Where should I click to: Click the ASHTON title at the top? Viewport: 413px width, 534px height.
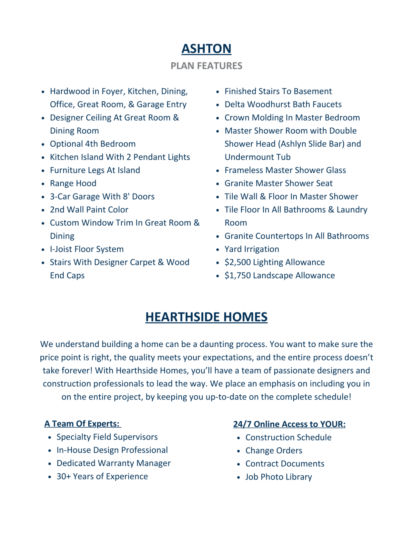tap(206, 49)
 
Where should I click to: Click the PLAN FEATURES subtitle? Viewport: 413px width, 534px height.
tap(206, 66)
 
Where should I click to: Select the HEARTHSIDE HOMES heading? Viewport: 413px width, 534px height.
tap(206, 317)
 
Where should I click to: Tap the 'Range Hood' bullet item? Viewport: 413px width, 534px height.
tap(73, 183)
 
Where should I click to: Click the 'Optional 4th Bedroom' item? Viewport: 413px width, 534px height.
tap(93, 144)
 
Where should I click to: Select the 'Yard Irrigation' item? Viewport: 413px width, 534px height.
tap(252, 249)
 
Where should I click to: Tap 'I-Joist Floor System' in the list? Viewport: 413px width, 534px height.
tap(86, 249)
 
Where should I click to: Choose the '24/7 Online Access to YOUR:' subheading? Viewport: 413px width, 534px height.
tap(289, 424)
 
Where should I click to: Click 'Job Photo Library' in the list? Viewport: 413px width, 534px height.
tap(278, 477)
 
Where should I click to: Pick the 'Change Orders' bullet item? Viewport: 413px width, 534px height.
tap(274, 450)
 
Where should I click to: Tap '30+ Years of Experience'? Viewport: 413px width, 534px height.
tap(102, 477)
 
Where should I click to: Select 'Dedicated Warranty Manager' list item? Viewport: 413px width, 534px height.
tap(114, 463)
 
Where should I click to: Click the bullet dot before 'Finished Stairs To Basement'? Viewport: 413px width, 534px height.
tap(218, 92)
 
